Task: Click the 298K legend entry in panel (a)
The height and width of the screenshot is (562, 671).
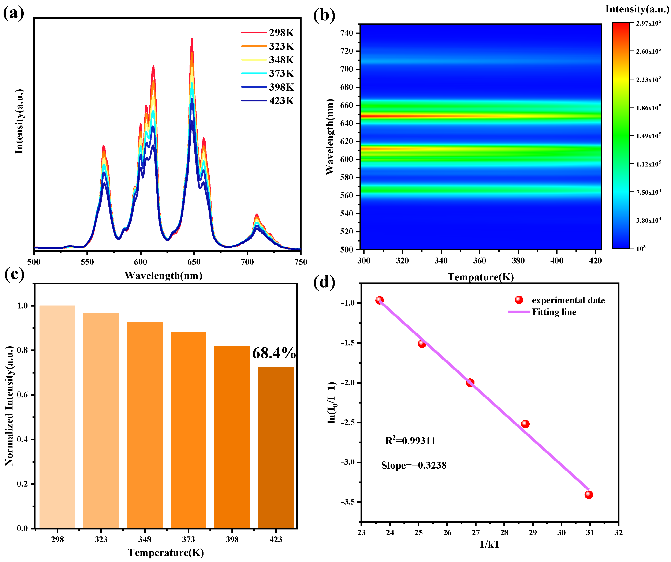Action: (268, 33)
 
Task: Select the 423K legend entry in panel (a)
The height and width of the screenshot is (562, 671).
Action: (268, 101)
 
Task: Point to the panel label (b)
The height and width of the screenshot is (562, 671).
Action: (324, 15)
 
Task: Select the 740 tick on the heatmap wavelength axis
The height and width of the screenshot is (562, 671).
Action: (347, 33)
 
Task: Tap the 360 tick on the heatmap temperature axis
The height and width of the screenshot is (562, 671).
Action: (479, 261)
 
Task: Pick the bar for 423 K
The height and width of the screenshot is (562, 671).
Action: (276, 447)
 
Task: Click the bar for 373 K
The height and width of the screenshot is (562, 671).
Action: (188, 430)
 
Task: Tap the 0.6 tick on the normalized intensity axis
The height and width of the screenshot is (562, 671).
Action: (22, 395)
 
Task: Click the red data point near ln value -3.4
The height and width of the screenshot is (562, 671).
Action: (589, 495)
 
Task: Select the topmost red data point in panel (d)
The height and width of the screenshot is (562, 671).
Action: (379, 300)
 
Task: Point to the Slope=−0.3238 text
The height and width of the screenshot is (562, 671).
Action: (414, 465)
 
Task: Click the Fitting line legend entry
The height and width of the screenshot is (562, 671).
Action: (543, 312)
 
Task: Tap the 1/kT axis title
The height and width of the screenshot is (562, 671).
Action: (490, 544)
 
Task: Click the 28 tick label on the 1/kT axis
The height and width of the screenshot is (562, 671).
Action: (504, 533)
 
